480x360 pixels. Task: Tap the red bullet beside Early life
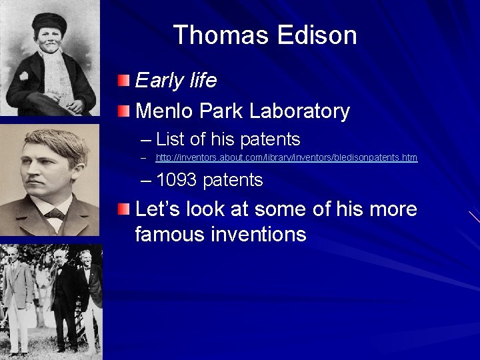click(x=125, y=81)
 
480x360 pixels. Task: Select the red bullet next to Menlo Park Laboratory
click(x=125, y=111)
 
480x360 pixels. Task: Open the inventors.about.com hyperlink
click(x=286, y=158)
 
